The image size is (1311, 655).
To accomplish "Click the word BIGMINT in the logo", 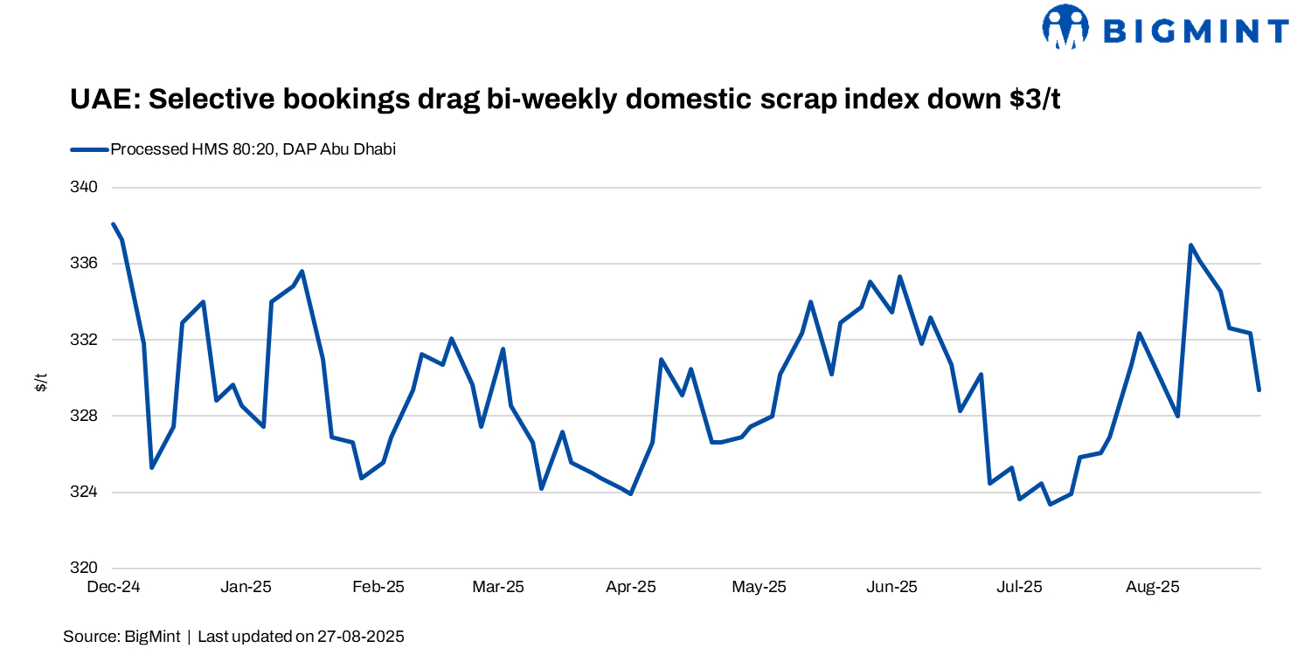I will pos(1195,31).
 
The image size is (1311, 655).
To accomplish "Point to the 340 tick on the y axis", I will pos(86,187).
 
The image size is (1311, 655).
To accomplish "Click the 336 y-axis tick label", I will pos(86,264).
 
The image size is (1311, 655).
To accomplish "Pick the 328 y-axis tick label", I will pos(86,416).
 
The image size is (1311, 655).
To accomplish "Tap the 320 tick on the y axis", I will pos(86,569).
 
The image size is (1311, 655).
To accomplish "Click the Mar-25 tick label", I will pos(498,587).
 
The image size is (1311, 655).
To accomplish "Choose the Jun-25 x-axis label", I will pos(891,587).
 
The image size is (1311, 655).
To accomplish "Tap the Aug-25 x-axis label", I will pos(1153,587).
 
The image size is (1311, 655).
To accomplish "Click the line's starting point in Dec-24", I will pos(114,224).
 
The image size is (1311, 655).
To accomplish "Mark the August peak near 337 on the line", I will pos(1190,245).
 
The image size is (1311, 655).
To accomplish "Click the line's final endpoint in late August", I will pos(1259,390).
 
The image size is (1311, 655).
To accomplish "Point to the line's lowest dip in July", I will pos(1050,504).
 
